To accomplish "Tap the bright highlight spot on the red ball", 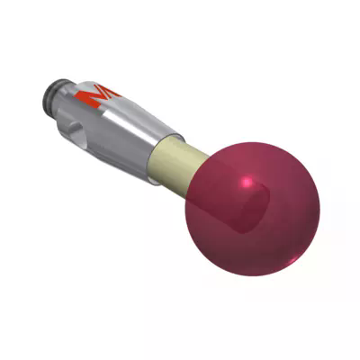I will click(x=246, y=183).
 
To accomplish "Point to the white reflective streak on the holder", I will click(x=126, y=112).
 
